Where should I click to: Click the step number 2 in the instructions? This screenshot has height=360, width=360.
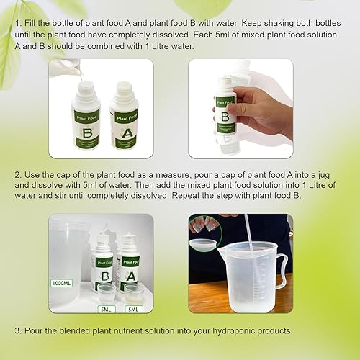tap(17, 175)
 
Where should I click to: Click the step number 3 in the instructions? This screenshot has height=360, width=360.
tap(17, 330)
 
